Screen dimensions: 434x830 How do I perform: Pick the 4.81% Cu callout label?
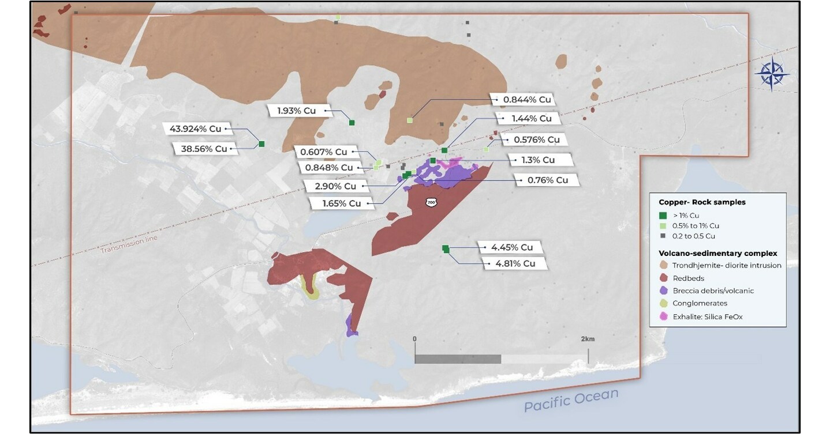pos(511,263)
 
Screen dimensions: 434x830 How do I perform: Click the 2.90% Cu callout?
pos(334,186)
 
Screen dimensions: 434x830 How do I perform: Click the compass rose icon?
pos(772,74)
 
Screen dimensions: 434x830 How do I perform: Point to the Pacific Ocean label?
pos(571,400)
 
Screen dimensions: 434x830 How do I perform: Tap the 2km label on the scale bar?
pos(588,338)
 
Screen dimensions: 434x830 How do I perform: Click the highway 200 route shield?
pos(431,202)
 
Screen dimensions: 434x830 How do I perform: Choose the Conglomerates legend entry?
pos(699,303)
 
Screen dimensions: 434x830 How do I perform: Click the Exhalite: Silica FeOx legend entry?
pos(708,316)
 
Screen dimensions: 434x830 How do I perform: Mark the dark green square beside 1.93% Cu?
pos(352,122)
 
